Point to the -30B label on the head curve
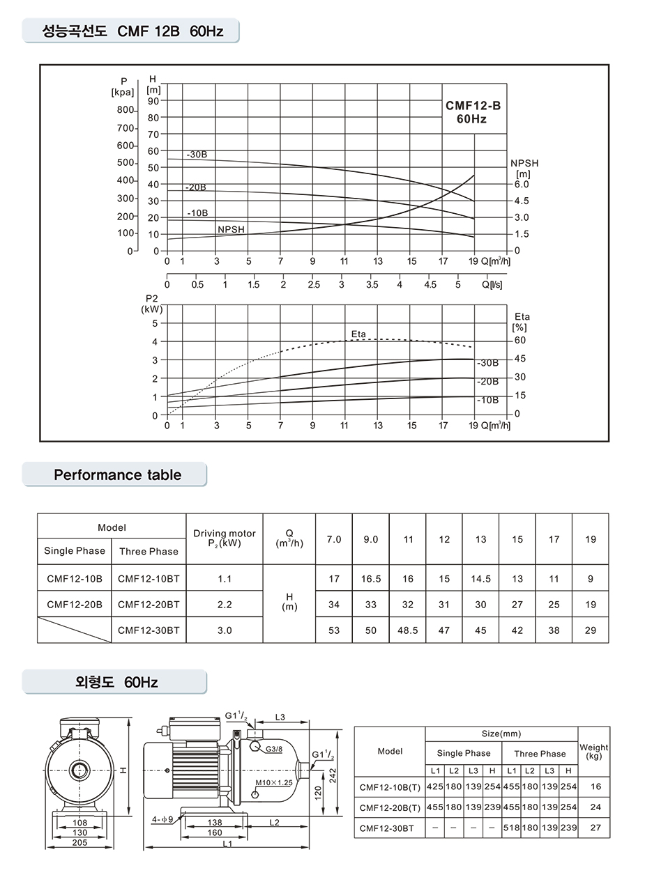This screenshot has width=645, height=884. click(x=197, y=154)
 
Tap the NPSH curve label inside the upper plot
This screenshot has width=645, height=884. click(x=232, y=228)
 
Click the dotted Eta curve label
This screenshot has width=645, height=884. click(x=358, y=334)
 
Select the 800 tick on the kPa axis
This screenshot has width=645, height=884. click(x=125, y=110)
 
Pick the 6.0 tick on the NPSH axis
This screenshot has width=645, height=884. click(x=522, y=185)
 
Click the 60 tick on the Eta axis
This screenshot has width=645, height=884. click(x=520, y=340)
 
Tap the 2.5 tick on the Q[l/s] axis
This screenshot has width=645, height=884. click(x=314, y=284)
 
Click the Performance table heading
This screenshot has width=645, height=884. click(x=117, y=475)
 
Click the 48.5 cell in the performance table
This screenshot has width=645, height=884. click(x=407, y=630)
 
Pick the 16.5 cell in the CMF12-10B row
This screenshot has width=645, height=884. click(x=370, y=579)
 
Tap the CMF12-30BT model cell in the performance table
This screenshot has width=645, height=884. click(x=149, y=630)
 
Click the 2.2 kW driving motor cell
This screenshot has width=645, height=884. click(x=224, y=604)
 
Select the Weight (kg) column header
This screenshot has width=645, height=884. click(x=593, y=751)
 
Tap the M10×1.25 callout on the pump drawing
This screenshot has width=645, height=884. click(x=273, y=783)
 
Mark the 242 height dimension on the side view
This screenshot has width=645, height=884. click(x=333, y=775)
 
